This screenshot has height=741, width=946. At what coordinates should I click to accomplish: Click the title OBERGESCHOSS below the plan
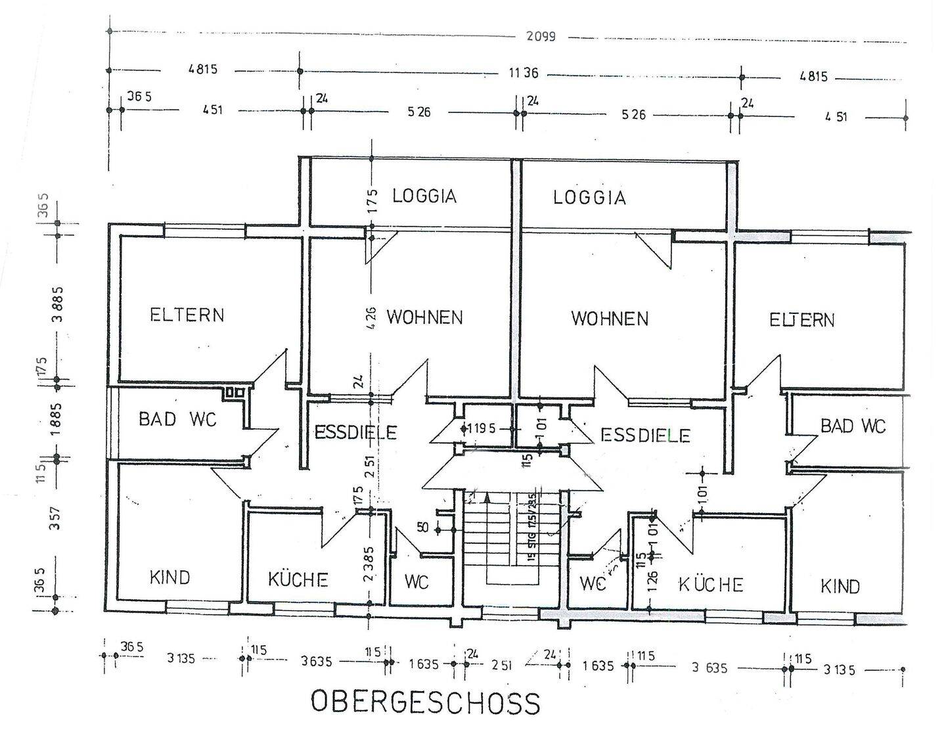click(425, 702)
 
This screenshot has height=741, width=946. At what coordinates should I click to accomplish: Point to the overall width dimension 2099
click(541, 36)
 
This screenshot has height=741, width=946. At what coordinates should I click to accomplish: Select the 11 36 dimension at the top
click(523, 73)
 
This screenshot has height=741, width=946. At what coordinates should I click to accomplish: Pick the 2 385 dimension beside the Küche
click(369, 564)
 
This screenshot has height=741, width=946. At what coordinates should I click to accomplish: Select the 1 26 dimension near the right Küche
click(652, 582)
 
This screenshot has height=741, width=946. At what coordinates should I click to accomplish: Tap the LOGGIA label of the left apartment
click(424, 196)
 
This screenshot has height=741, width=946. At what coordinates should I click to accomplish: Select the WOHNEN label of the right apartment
click(610, 319)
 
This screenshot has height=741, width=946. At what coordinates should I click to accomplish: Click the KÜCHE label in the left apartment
click(298, 580)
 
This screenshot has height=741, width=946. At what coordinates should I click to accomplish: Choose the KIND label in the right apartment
click(840, 586)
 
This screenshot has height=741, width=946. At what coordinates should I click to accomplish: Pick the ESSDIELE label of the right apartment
click(645, 435)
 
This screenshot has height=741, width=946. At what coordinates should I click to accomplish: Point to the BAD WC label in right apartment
click(853, 426)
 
